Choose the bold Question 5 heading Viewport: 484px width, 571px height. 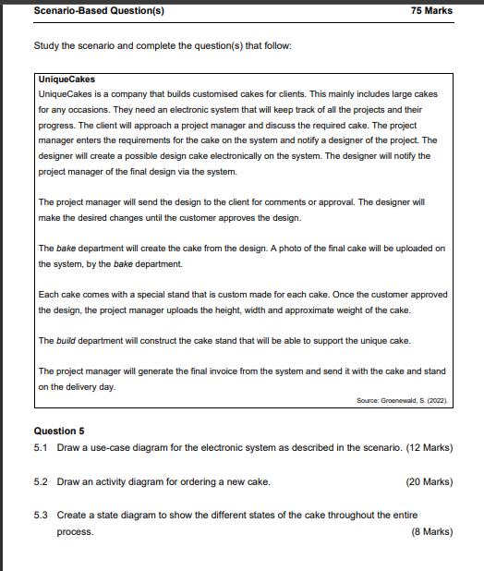(x=59, y=431)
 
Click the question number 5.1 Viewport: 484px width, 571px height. (x=41, y=448)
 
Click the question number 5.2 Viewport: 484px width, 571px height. (x=41, y=481)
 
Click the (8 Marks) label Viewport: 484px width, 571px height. (x=431, y=531)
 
